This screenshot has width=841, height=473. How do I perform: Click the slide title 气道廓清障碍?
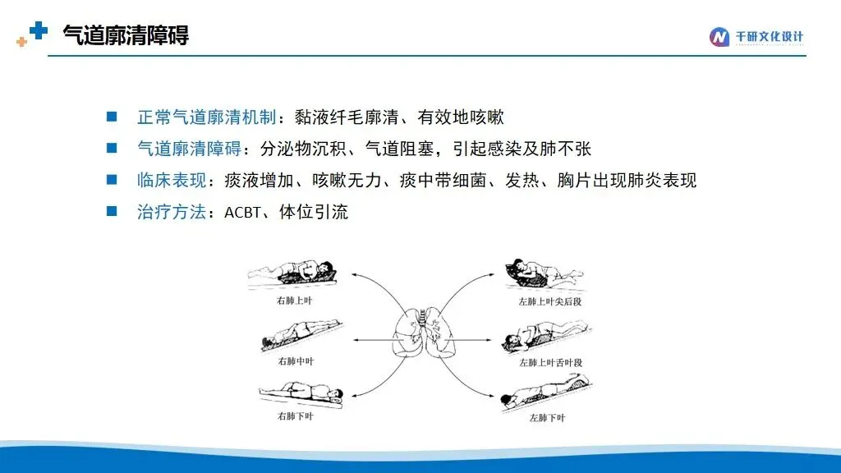126,35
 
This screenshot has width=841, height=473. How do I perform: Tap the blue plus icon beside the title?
38,30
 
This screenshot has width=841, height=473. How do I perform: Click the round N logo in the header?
719,37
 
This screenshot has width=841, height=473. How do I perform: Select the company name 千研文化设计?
769,36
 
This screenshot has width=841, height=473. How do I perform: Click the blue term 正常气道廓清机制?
206,117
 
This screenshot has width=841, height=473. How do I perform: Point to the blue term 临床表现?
172,180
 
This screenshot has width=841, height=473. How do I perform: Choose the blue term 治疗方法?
172,212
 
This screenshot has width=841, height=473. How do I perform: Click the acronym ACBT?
242,213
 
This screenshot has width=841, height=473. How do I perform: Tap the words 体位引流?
314,212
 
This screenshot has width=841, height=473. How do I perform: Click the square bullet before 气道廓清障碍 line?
112,148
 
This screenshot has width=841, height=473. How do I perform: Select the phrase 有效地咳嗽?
461,117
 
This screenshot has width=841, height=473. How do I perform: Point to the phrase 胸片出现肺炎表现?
627,180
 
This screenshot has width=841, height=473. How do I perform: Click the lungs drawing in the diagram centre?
424,333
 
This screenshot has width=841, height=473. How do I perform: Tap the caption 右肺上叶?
295,301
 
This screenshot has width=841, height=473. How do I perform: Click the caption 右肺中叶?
296,361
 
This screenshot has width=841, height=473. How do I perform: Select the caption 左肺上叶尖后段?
549,302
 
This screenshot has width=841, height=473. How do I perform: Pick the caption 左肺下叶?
547,418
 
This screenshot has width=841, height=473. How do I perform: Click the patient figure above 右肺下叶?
301,395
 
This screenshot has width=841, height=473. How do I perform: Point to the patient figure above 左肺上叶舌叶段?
546,337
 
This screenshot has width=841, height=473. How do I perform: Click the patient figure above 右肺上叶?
292,273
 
